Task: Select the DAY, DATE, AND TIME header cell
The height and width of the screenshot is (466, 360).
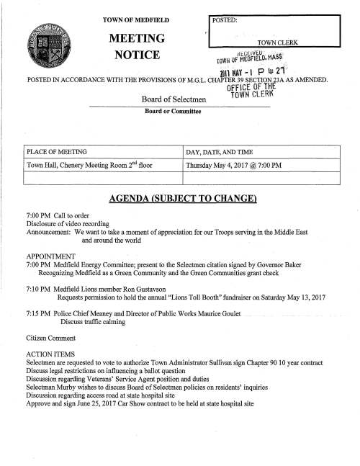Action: (222, 152)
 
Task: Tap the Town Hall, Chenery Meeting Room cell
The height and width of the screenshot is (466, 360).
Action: (89, 166)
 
